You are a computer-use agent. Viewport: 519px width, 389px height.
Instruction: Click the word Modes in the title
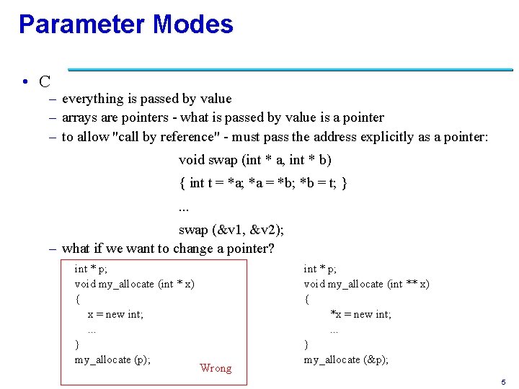[192, 24]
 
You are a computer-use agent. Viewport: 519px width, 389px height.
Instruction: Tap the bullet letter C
[45, 81]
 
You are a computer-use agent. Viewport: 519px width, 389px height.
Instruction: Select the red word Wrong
[216, 368]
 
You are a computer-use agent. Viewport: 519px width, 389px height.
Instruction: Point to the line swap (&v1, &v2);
[231, 230]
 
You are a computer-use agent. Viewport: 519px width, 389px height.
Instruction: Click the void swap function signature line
[255, 159]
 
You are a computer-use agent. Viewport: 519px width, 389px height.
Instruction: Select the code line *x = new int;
[360, 314]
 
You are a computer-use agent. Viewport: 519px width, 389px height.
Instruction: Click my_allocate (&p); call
[346, 359]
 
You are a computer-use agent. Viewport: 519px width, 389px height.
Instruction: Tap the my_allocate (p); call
[112, 359]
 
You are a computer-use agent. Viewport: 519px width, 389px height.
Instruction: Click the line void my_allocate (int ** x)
[366, 284]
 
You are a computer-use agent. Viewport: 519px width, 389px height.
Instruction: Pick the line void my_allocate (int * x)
[134, 284]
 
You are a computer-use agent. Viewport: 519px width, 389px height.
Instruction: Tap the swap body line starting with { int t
[264, 183]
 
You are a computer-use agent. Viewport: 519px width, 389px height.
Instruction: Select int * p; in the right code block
[320, 269]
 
